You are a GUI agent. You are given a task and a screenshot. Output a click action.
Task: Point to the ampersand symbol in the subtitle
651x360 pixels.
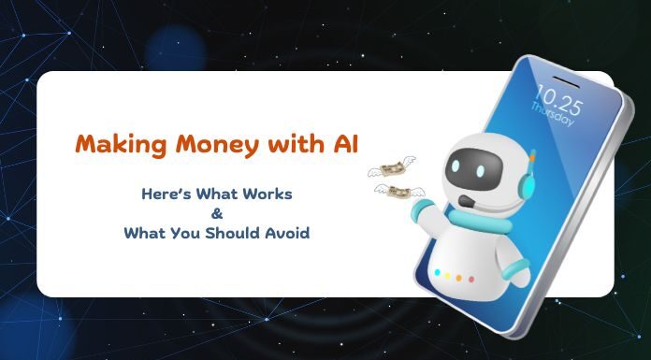coord(217,213)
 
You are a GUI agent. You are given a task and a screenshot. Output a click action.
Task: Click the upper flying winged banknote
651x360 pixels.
coord(389,167)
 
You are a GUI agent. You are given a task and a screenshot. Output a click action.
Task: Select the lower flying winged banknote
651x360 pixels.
coord(395,192)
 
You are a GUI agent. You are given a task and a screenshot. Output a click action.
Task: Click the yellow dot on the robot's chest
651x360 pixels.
coord(446,275)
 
